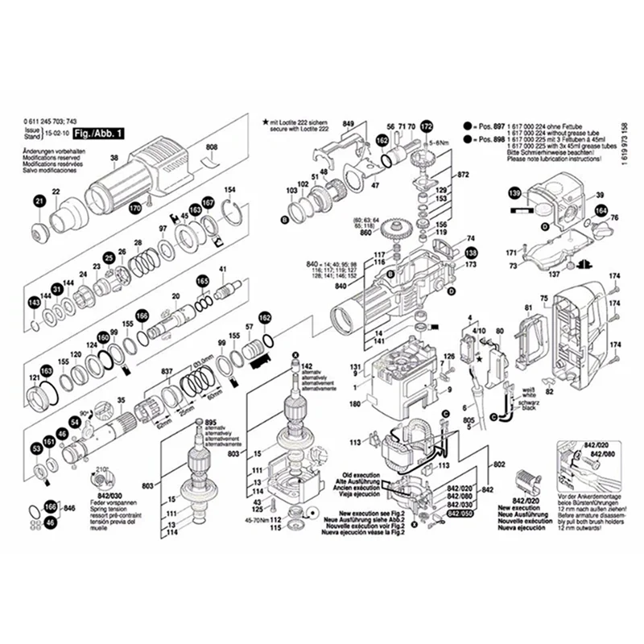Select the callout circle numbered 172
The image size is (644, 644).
coord(427,126)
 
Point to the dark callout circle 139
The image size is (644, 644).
coord(514,192)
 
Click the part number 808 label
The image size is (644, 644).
coord(212,147)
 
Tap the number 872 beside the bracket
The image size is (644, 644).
coord(463,174)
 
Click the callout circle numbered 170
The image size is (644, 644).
coord(135,209)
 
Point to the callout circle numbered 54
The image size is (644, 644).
coord(74,421)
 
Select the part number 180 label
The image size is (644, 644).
coord(354,403)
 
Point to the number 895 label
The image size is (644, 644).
coord(212,423)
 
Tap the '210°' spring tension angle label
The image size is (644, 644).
coord(102,469)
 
